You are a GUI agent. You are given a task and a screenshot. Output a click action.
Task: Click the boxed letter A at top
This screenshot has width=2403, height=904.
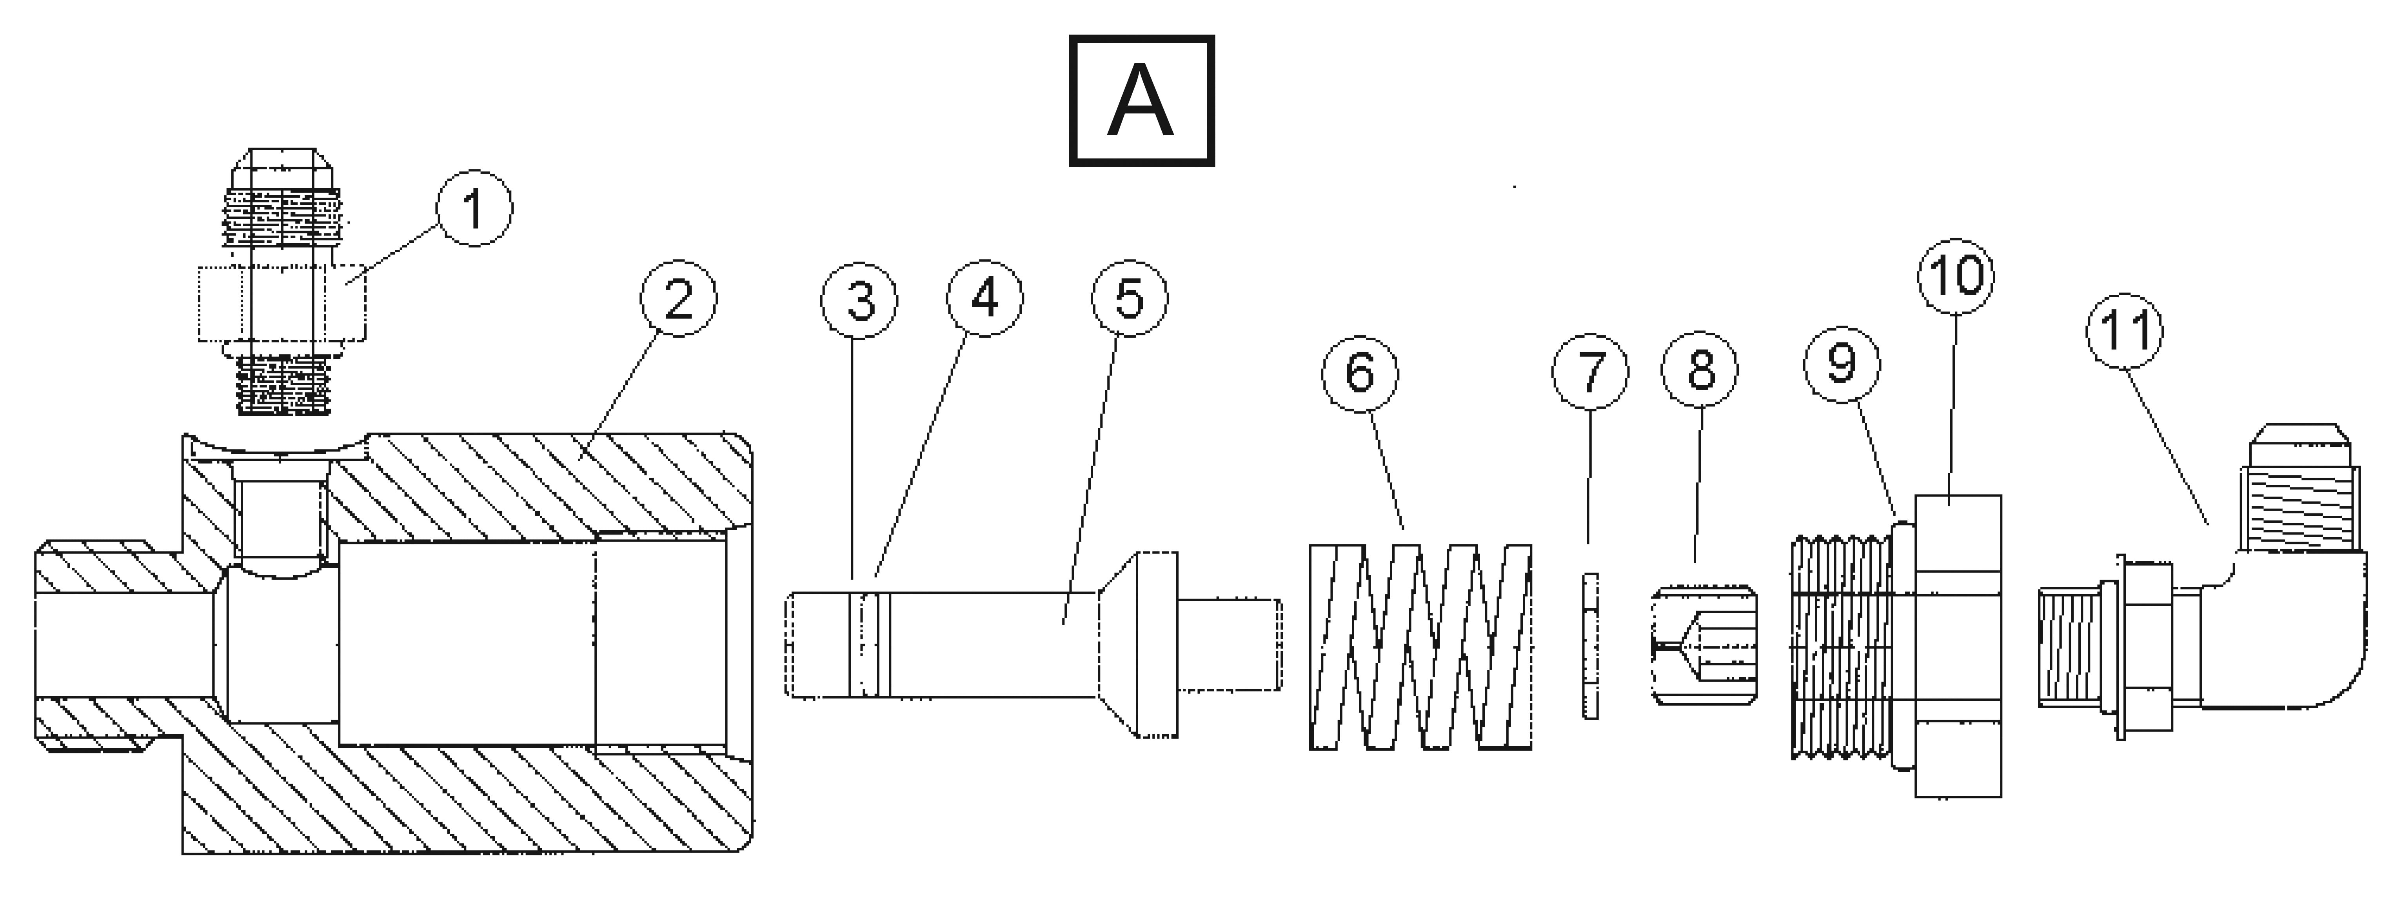pos(1141,101)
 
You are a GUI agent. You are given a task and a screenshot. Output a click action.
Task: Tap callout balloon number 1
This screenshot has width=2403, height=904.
pos(475,208)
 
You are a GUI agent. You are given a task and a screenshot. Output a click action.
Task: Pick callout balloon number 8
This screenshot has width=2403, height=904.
pos(1700,369)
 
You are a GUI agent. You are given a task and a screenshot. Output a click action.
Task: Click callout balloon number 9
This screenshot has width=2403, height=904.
pos(1842,364)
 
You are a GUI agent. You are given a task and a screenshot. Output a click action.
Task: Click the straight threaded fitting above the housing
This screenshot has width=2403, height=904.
pos(282,280)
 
